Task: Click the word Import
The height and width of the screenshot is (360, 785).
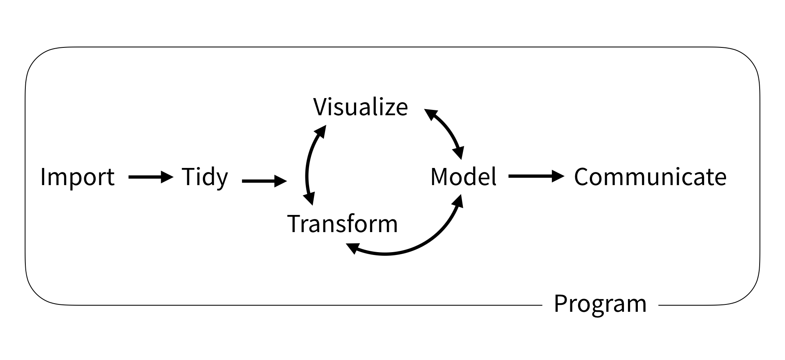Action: coord(77,177)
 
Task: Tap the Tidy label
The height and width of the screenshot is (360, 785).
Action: coord(204,177)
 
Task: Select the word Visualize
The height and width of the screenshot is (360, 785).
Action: coord(361,107)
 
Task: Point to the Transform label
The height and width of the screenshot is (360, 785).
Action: coord(343,224)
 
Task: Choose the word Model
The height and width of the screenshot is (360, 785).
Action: coord(464,177)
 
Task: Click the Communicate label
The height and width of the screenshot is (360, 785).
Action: coord(650,177)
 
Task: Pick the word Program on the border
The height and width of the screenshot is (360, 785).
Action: coord(600,304)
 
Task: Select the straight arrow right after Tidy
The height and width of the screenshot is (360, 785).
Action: coord(264,181)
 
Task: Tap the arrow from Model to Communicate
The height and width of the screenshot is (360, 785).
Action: coord(536,177)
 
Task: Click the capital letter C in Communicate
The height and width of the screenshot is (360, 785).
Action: coord(582,177)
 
